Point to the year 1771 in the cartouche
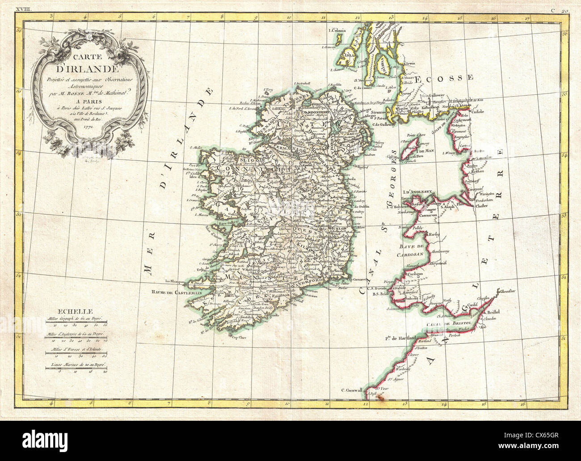click(x=87, y=126)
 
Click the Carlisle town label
click(x=479, y=108)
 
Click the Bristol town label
click(x=507, y=311)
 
